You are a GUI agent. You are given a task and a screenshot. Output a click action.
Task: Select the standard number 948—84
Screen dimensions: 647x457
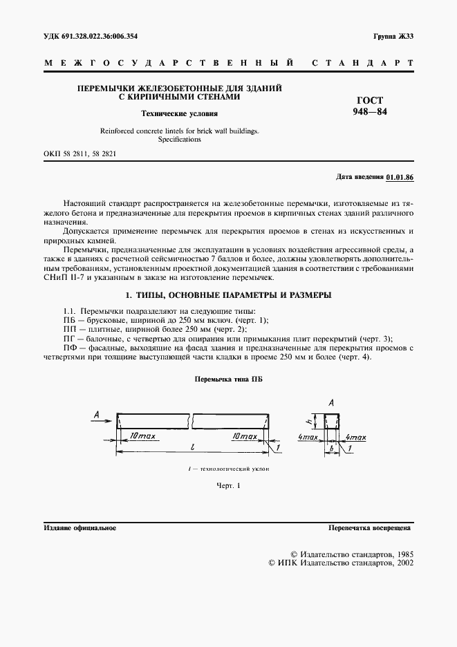coord(370,112)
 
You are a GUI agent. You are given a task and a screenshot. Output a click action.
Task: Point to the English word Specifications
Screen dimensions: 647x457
coord(179,139)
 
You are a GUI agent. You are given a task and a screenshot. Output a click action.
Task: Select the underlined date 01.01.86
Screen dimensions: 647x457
coord(399,177)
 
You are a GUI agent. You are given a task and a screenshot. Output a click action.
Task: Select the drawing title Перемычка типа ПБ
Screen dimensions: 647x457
coord(228,379)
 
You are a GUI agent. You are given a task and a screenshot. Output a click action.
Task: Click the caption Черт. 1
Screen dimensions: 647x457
coord(228,486)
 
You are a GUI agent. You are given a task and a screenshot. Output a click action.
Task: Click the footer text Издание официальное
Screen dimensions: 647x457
coord(80,527)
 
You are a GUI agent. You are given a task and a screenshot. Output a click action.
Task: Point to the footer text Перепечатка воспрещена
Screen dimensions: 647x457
coord(370,527)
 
